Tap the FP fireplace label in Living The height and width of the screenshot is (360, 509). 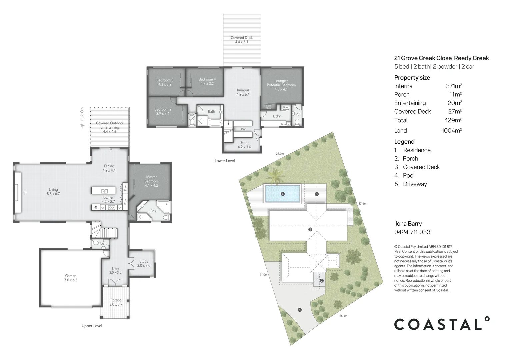click(x=24, y=193)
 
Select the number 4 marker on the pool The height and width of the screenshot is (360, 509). click(x=283, y=194)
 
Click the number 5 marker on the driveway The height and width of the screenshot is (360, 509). click(x=300, y=310)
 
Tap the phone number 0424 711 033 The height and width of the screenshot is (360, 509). click(x=412, y=232)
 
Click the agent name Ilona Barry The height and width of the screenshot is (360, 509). click(x=408, y=224)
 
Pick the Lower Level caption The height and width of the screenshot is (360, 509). click(x=225, y=161)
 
